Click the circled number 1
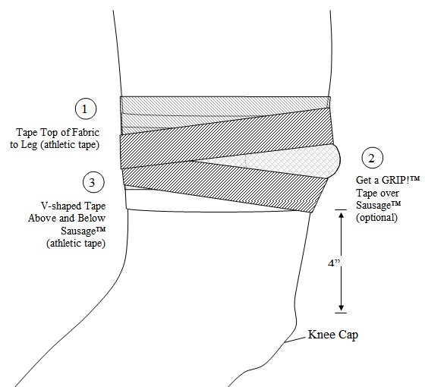(x=86, y=109)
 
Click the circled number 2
(x=370, y=159)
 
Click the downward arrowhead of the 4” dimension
(x=341, y=306)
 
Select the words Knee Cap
(x=332, y=334)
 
